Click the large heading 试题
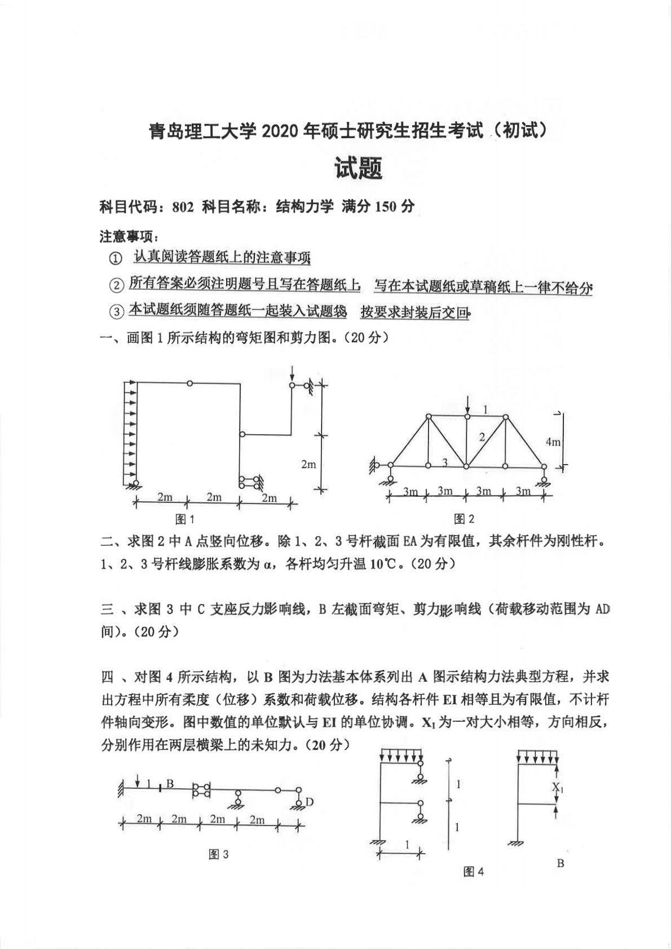pyautogui.click(x=359, y=168)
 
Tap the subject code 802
pyautogui.click(x=183, y=208)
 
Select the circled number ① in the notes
pyautogui.click(x=115, y=259)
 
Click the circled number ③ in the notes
pyautogui.click(x=115, y=311)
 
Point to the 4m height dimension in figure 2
pyautogui.click(x=553, y=442)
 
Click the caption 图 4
pyautogui.click(x=473, y=872)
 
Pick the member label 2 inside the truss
pyautogui.click(x=482, y=436)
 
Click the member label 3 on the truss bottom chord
pyautogui.click(x=444, y=463)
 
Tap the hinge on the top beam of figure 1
pyautogui.click(x=190, y=383)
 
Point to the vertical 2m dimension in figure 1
pyautogui.click(x=308, y=465)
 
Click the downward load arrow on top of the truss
pyautogui.click(x=467, y=404)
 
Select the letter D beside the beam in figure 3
pyautogui.click(x=309, y=801)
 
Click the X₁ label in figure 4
pyautogui.click(x=558, y=787)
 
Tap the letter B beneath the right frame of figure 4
pyautogui.click(x=560, y=863)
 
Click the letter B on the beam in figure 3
pyautogui.click(x=170, y=783)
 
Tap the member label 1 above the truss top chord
pyautogui.click(x=485, y=410)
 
